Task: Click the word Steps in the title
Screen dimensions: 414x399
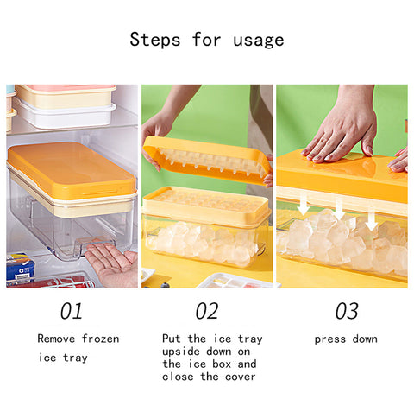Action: (x=155, y=40)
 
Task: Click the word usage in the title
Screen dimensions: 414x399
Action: (x=259, y=41)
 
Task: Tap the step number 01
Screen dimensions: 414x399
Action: (x=72, y=311)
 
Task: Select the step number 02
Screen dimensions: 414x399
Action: (x=207, y=311)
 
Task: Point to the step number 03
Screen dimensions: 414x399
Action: (x=347, y=311)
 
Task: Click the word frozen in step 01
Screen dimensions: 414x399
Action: (x=100, y=339)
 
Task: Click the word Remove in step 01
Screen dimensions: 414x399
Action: (x=56, y=339)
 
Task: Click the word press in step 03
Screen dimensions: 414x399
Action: (x=330, y=339)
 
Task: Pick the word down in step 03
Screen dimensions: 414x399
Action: (x=365, y=339)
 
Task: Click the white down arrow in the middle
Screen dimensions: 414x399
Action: (x=339, y=209)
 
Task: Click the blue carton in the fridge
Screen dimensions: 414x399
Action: (x=20, y=268)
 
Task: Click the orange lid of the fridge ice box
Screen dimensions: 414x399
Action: (x=72, y=170)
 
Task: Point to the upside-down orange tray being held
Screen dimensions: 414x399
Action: (x=207, y=160)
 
